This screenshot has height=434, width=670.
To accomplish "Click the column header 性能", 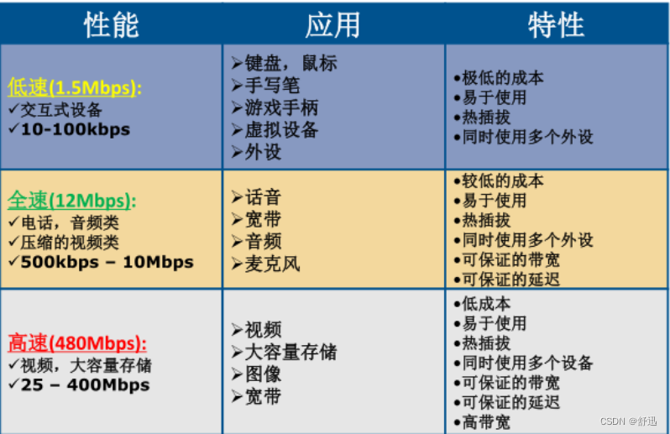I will pyautogui.click(x=111, y=25).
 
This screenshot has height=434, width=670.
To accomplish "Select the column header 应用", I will pyautogui.click(x=332, y=25).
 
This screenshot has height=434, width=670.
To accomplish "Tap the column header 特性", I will pyautogui.click(x=556, y=25).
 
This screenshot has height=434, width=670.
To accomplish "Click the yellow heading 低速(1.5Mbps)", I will pyautogui.click(x=75, y=88).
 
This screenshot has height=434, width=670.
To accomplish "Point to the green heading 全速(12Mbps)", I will pyautogui.click(x=71, y=201).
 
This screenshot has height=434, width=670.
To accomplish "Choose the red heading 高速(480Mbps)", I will pyautogui.click(x=77, y=342).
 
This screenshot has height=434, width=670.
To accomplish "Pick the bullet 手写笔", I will pyautogui.click(x=270, y=86).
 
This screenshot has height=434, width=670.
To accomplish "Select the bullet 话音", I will pyautogui.click(x=260, y=198).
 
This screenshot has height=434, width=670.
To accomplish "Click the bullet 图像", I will pyautogui.click(x=260, y=374).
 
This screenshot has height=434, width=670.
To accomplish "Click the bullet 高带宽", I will pyautogui.click(x=485, y=422).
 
